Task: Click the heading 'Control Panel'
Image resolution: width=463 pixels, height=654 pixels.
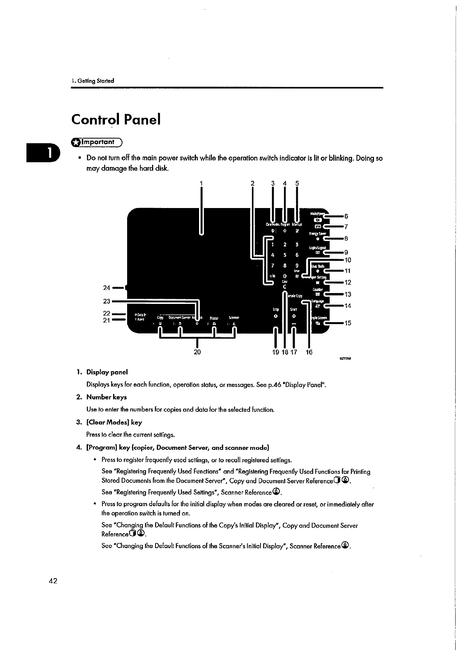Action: tap(115, 120)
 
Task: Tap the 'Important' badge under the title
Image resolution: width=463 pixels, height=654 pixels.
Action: tap(96, 143)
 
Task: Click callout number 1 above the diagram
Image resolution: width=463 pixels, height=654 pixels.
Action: tap(201, 183)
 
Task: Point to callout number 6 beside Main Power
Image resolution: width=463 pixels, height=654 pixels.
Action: tap(346, 216)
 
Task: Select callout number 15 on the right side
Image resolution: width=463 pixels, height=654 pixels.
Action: tap(348, 323)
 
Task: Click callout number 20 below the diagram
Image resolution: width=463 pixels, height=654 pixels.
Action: tap(197, 352)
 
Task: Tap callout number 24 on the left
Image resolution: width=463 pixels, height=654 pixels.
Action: tap(107, 288)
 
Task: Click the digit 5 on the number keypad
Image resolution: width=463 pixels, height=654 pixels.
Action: tap(285, 255)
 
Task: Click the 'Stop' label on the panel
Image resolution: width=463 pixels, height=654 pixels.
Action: tap(276, 310)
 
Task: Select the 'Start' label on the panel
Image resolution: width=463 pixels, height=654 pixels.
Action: tap(294, 310)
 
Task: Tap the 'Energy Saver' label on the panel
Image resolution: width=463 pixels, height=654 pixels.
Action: tap(317, 234)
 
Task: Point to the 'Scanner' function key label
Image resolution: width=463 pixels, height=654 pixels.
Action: tap(234, 317)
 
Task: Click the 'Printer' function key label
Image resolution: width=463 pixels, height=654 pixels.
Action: tap(214, 317)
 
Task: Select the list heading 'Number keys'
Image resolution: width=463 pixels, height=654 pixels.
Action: tap(107, 397)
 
